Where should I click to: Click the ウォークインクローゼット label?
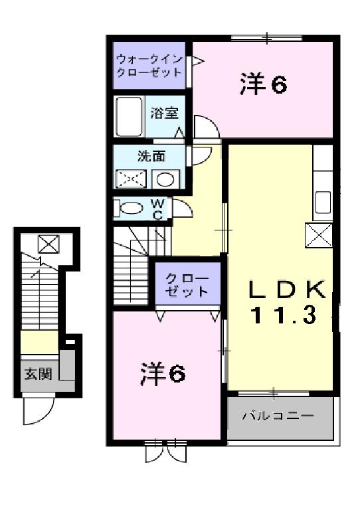click(149, 65)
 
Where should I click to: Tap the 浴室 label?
click(164, 113)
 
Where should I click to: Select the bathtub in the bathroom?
click(130, 117)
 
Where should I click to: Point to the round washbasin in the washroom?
click(167, 179)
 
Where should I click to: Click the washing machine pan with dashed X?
click(132, 179)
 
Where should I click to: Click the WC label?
click(158, 209)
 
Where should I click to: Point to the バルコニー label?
click(277, 416)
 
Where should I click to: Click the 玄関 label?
click(39, 373)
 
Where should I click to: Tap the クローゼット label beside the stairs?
click(187, 284)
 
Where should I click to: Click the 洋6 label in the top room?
click(262, 85)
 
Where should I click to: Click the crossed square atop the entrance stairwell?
click(47, 242)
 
